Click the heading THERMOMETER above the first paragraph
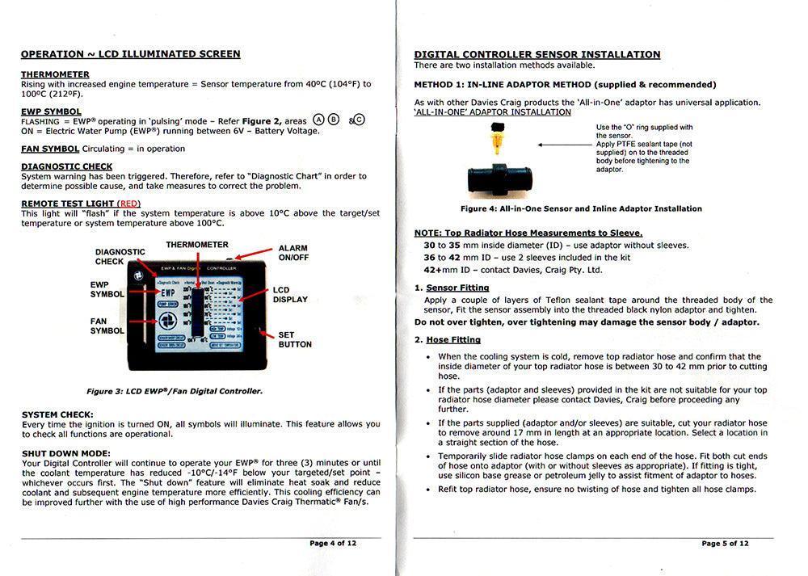pos(55,74)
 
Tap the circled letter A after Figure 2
pos(319,120)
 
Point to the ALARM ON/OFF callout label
pos(293,253)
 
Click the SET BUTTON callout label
pos(295,339)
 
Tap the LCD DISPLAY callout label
pos(290,294)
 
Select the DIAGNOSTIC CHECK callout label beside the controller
pos(120,257)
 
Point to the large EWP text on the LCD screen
pos(168,292)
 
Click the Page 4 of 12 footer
pos(333,544)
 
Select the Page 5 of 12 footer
pos(725,544)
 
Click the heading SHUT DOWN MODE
pos(66,452)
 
